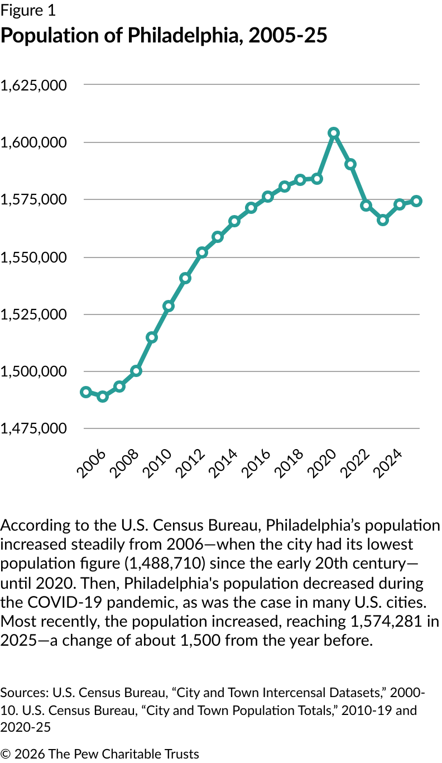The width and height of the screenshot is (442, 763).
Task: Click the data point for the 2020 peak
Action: coord(334,133)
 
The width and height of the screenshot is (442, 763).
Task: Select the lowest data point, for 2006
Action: coord(103,397)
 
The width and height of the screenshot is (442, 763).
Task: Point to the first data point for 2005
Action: coord(86,392)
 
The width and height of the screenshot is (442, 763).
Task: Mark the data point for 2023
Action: coord(383,220)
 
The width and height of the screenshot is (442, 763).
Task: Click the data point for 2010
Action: coord(169,306)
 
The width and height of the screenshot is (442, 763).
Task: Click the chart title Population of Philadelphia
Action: coord(164,36)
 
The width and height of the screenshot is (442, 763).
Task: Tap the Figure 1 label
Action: coord(28,11)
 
